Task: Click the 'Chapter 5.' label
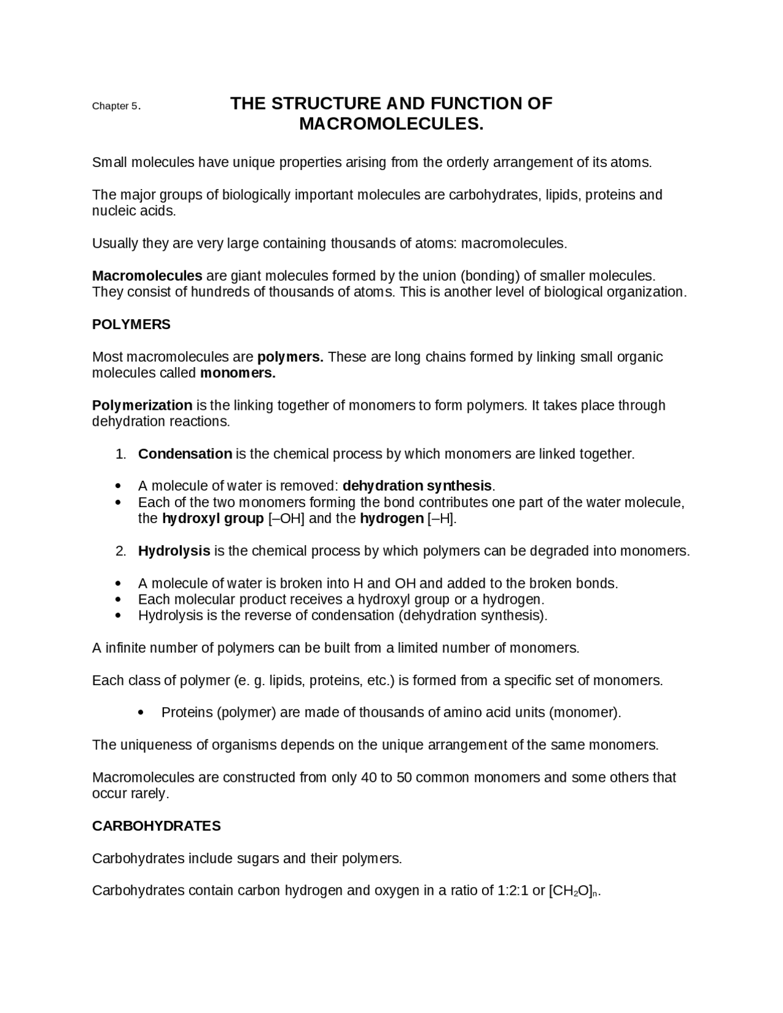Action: tap(116, 106)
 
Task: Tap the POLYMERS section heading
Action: tap(131, 325)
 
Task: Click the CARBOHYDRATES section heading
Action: tap(156, 826)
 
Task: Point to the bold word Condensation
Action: tap(185, 454)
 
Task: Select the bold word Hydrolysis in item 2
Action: tap(174, 551)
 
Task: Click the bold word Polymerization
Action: tap(142, 406)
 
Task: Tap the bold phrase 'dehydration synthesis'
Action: tap(417, 486)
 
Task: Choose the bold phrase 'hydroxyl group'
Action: tap(212, 519)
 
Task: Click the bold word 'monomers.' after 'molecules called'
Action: tap(238, 373)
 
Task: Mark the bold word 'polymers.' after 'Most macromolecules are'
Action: tap(290, 357)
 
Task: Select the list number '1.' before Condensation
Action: tap(121, 455)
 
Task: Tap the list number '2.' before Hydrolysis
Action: tap(121, 552)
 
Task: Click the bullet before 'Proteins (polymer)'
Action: tap(141, 713)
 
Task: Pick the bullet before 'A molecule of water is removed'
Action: tap(118, 487)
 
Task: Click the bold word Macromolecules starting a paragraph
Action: tap(147, 276)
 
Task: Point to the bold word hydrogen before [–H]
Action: tap(391, 519)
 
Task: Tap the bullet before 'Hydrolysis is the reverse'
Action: tap(118, 616)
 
